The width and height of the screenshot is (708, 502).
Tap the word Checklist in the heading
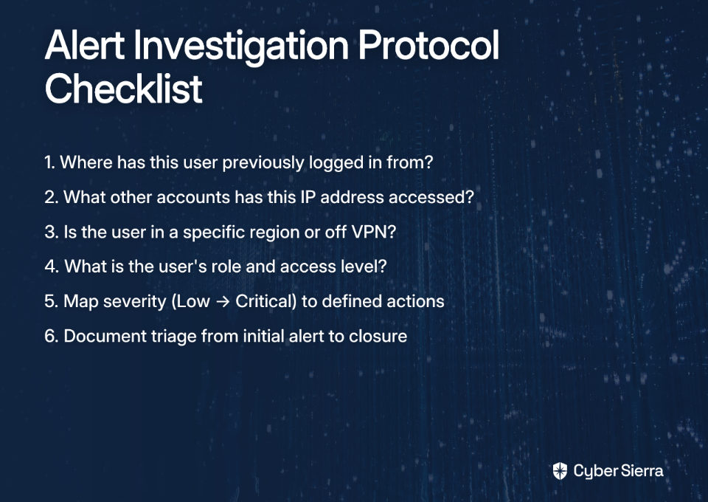click(124, 88)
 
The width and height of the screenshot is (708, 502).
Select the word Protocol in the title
click(428, 45)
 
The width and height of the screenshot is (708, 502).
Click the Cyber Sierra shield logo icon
click(560, 471)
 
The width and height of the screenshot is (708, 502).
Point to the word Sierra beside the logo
click(642, 471)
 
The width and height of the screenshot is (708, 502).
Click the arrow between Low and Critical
click(223, 301)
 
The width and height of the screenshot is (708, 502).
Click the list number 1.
click(49, 162)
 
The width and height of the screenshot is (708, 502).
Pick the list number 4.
click(52, 267)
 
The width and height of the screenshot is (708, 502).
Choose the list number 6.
click(52, 336)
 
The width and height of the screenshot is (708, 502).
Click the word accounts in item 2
click(193, 197)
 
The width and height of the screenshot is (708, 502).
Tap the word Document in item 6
click(105, 336)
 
